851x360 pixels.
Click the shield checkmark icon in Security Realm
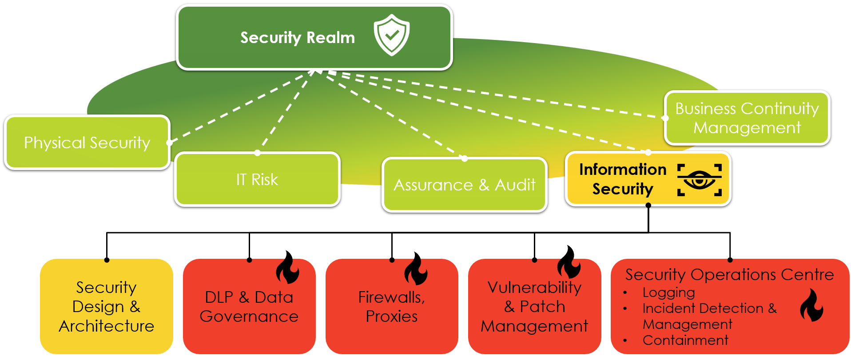[x=391, y=35]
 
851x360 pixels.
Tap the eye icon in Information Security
[x=699, y=180]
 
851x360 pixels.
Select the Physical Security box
[x=87, y=142]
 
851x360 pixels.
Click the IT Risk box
[x=257, y=179]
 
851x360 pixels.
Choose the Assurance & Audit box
[x=464, y=185]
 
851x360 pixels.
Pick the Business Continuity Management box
[x=747, y=118]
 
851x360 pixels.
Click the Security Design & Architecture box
[x=107, y=306]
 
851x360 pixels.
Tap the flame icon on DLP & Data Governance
[x=287, y=268]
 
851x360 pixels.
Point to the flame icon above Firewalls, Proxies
[x=416, y=269]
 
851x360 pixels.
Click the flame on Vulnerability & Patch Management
[x=569, y=262]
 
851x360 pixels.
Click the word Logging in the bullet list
[x=668, y=293]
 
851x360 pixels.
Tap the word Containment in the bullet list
[x=685, y=340]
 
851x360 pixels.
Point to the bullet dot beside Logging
[x=625, y=293]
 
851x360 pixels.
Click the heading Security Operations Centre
[x=729, y=274]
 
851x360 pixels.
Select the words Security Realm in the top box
[x=298, y=38]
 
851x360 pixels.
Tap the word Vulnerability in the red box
[x=534, y=288]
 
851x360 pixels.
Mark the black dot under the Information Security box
[x=648, y=205]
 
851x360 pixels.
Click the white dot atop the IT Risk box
[x=258, y=153]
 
